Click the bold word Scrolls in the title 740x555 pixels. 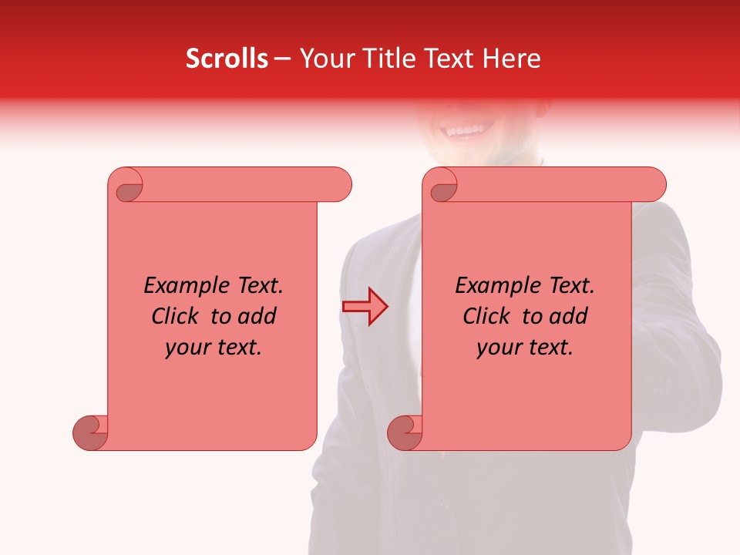[227, 59]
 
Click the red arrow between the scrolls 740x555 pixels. [365, 306]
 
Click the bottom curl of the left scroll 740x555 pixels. [90, 432]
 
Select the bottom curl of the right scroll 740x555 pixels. [405, 432]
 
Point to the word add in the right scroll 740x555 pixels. [569, 317]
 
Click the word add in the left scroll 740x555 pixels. [257, 317]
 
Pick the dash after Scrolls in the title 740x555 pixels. [282, 59]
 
